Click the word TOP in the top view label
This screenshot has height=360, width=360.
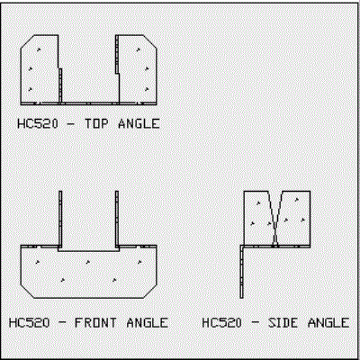[96, 123]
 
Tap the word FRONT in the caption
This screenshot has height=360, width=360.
[95, 323]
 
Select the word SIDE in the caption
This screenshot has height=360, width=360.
[283, 323]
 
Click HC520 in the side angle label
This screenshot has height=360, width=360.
[221, 323]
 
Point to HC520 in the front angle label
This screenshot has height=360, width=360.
[29, 323]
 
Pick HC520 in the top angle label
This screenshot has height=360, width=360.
[38, 123]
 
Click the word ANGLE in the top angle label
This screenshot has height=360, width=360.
[139, 123]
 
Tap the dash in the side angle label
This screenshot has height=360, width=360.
[255, 323]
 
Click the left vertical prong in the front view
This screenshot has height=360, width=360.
[60, 219]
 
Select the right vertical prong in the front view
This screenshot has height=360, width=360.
[117, 219]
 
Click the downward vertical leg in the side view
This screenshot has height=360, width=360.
[241, 273]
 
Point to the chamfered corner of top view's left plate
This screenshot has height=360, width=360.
[26, 41]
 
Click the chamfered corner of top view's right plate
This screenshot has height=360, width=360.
[150, 41]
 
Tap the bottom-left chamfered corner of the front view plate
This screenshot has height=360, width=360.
[27, 292]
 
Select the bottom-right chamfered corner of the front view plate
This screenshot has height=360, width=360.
[150, 292]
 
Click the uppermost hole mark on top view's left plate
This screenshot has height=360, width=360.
[39, 49]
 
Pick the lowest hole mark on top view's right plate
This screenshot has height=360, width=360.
[147, 89]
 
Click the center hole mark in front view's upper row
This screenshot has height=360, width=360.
[88, 262]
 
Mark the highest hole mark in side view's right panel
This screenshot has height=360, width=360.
[297, 199]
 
